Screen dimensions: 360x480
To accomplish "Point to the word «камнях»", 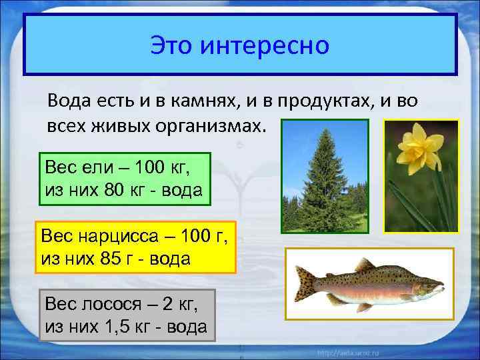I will point(211,101).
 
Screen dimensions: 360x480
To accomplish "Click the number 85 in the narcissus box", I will point(114,259).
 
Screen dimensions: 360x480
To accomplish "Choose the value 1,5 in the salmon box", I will point(124,327).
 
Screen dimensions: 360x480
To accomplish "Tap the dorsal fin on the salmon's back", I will point(364,265).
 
